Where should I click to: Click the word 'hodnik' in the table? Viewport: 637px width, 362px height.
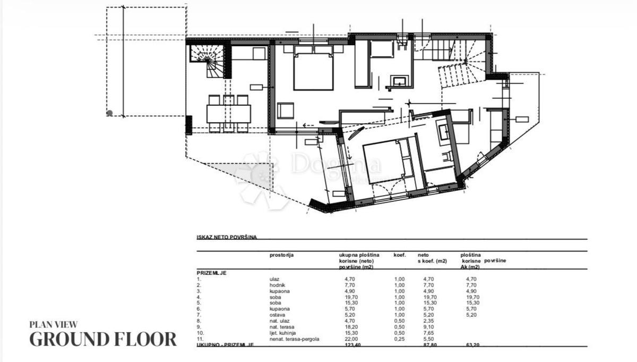tap(277, 285)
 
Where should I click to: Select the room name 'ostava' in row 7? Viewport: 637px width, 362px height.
tap(278, 315)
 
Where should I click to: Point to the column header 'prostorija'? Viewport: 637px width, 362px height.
tap(281, 255)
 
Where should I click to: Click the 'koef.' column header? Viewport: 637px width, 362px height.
tap(399, 255)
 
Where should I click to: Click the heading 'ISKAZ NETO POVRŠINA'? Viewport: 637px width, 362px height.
tap(227, 237)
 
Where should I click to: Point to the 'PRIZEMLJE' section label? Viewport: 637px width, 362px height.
tap(212, 272)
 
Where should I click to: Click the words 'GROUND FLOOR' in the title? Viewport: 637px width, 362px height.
tap(103, 339)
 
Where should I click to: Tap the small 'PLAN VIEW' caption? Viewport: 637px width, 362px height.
tap(54, 323)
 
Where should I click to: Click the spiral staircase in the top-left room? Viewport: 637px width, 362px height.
tap(208, 60)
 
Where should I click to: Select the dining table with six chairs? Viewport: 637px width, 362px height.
tap(229, 113)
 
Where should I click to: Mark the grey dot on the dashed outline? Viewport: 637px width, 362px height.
tap(109, 113)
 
